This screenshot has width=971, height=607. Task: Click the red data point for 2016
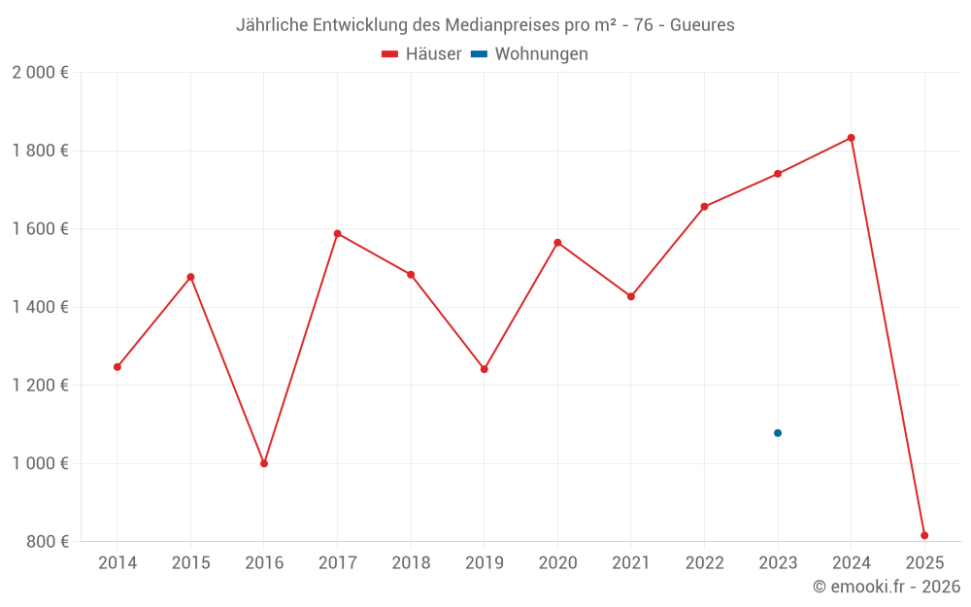(x=264, y=463)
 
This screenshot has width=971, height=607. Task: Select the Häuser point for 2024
(x=852, y=138)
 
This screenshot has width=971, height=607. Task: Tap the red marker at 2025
(x=924, y=535)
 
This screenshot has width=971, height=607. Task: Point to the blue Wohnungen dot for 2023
(x=778, y=433)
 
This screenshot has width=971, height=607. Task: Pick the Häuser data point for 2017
(x=337, y=233)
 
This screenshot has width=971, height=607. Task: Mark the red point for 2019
(x=485, y=369)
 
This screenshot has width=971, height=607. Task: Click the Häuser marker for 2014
(x=117, y=367)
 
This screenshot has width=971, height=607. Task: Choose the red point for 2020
(x=557, y=243)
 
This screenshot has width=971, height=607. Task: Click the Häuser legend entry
(x=421, y=54)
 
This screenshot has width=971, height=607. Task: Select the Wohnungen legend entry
(x=529, y=54)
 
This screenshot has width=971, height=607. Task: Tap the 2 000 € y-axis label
(x=40, y=73)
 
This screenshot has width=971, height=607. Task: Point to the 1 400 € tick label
(x=40, y=307)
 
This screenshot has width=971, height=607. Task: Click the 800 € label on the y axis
(x=47, y=541)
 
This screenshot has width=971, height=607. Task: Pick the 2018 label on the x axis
(x=411, y=563)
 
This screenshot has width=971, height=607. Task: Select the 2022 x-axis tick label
(x=704, y=563)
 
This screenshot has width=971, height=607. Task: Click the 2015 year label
(x=190, y=563)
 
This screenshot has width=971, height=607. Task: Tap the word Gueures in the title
(x=702, y=25)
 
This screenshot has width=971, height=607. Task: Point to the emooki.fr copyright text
(x=887, y=587)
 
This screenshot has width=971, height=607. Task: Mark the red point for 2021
(x=631, y=296)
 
